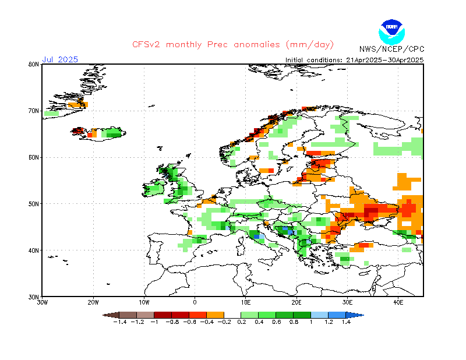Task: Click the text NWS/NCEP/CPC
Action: point(391,49)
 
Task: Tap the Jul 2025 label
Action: point(59,59)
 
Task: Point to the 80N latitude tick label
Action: point(34,65)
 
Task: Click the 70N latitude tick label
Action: point(34,111)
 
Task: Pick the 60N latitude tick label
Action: point(34,157)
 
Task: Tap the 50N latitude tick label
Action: point(34,204)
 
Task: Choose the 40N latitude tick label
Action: point(34,250)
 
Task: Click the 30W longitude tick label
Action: point(42,302)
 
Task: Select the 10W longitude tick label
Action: point(144,302)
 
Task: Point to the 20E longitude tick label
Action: point(296,302)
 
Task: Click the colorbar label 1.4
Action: point(346,322)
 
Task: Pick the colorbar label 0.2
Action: point(241,322)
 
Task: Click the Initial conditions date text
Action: point(354,59)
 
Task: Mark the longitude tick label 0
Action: point(195,302)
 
